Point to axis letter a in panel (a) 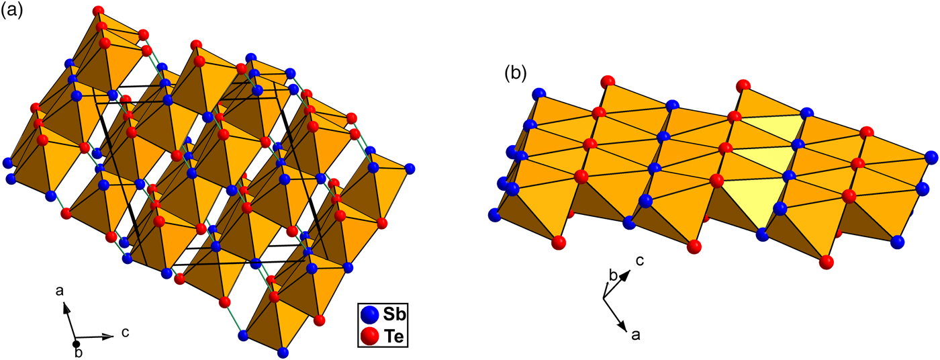coord(60,291)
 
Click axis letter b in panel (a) coord(79,353)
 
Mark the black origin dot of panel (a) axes coord(76,345)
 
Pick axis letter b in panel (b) coord(612,274)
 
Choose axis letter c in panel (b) coord(640,261)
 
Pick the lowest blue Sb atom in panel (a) coord(283,352)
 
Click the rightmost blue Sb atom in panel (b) coord(931,158)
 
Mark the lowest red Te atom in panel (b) coord(827,261)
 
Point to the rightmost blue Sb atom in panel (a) coord(410,168)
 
